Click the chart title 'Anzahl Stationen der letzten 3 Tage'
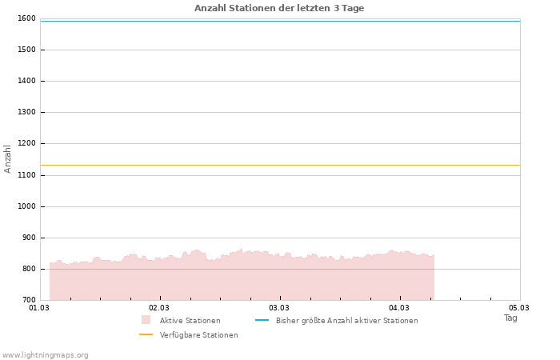(279, 8)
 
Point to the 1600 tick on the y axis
(26, 18)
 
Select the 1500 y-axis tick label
(26, 50)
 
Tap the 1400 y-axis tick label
(26, 81)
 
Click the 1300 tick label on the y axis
(26, 113)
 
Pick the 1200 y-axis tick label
(26, 144)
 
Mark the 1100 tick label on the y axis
(26, 175)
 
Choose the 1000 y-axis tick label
(26, 206)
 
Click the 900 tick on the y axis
(29, 238)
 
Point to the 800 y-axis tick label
(29, 269)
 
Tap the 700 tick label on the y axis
(29, 300)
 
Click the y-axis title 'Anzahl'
(8, 158)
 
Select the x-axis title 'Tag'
(510, 318)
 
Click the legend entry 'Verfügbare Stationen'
(198, 335)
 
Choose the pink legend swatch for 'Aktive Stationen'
(146, 320)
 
